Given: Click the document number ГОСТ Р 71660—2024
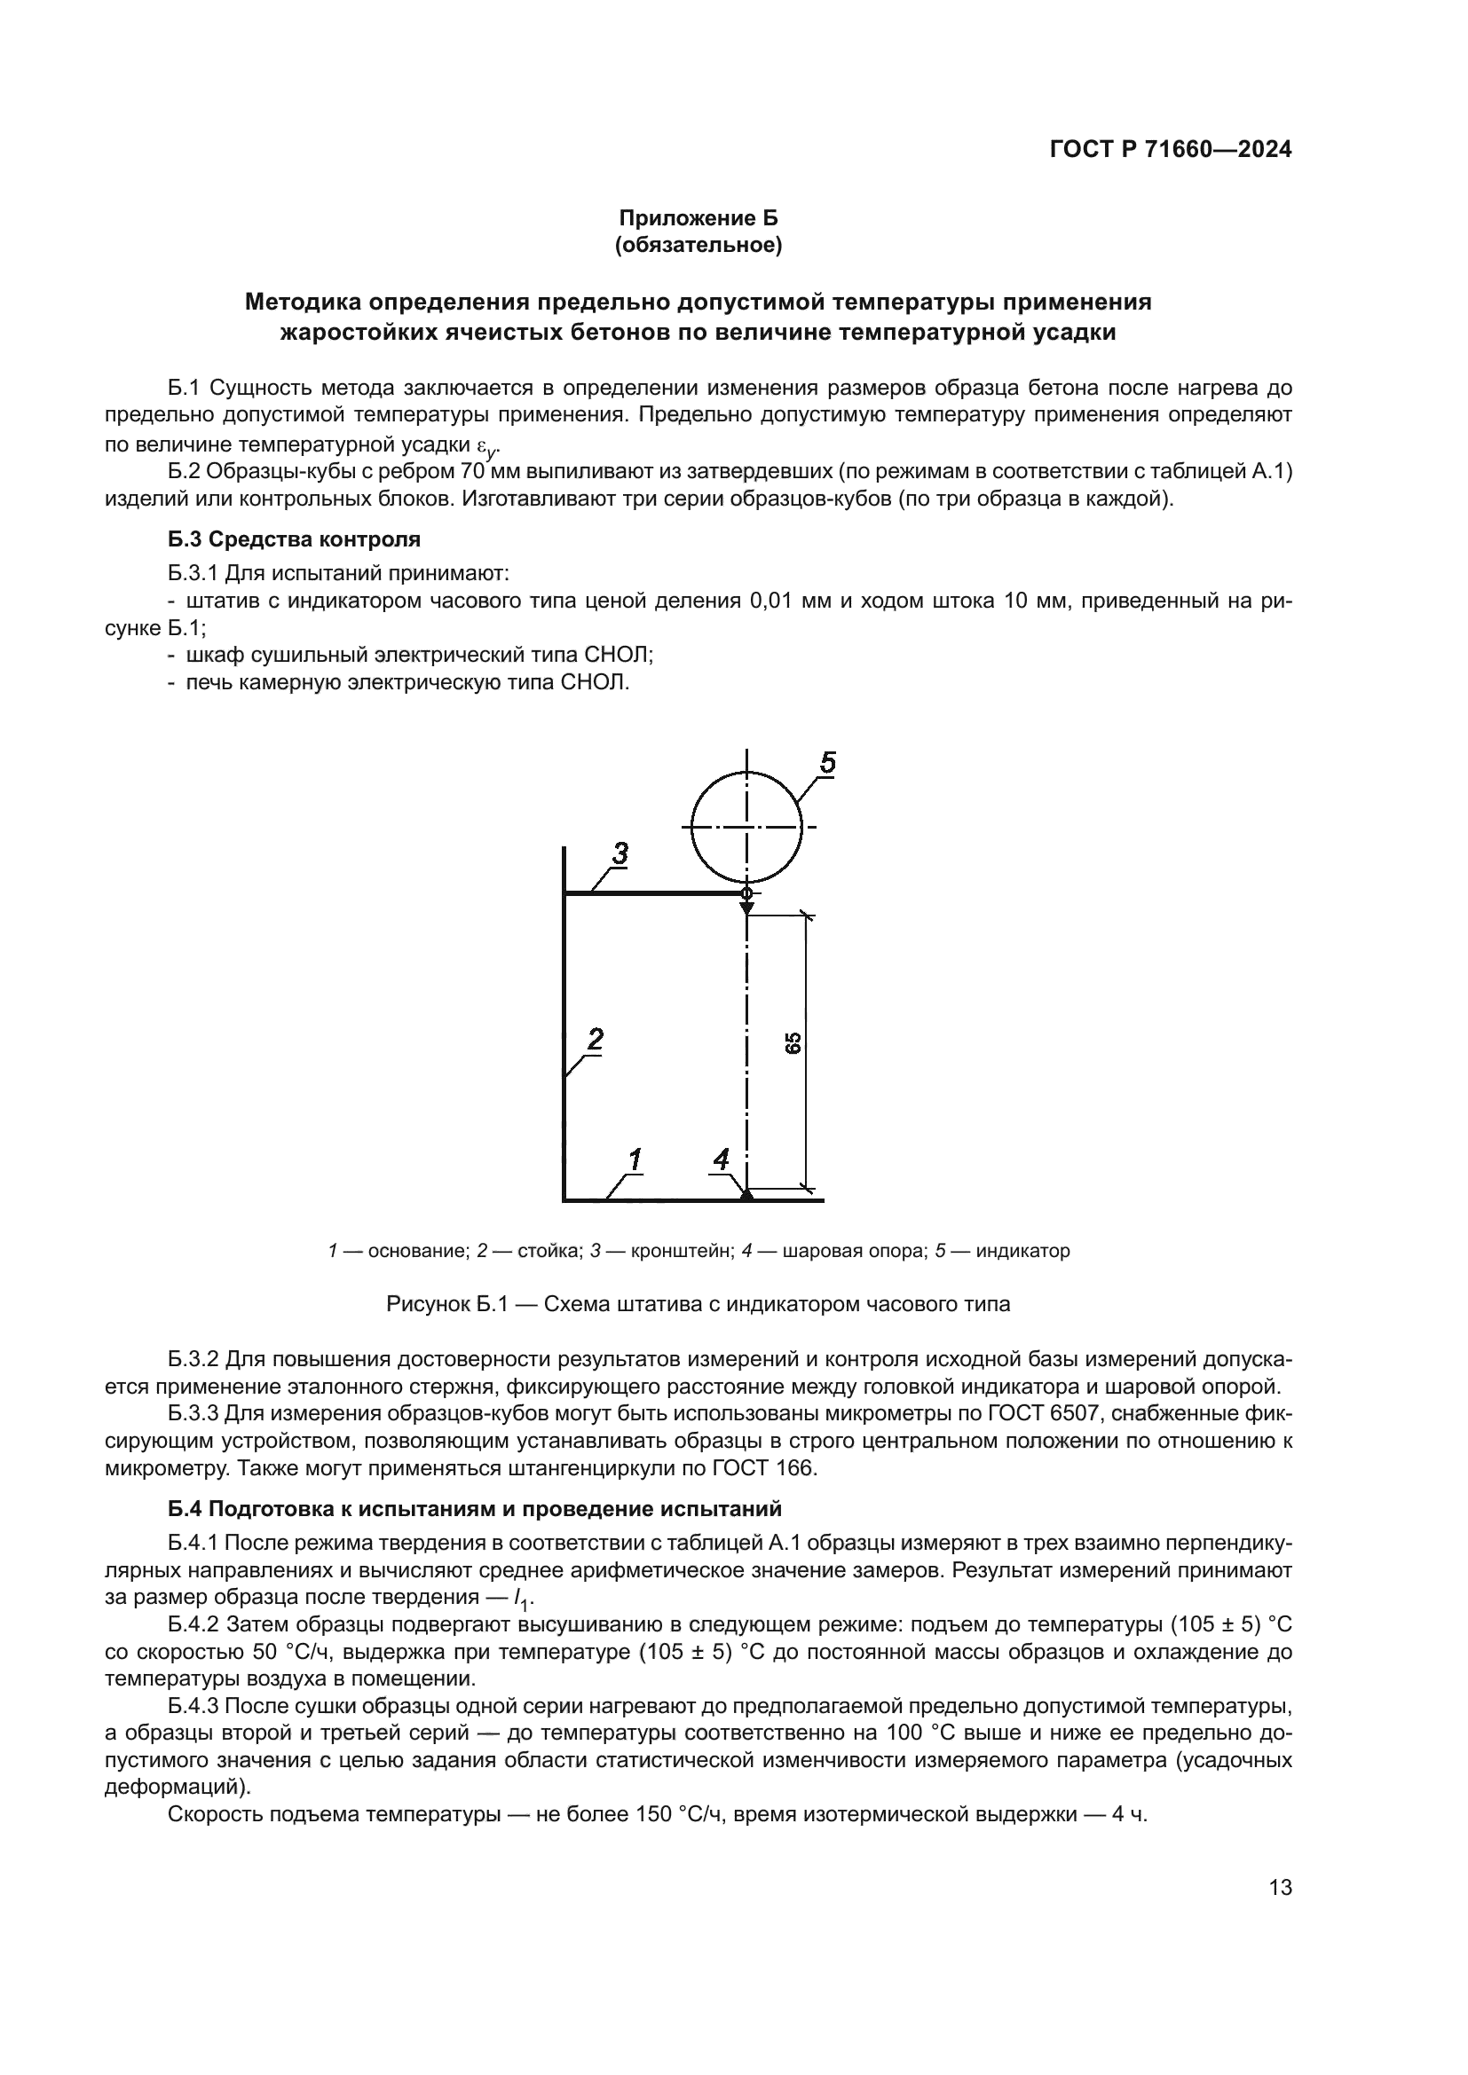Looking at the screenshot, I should [1170, 150].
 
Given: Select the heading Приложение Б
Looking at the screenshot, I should [698, 218].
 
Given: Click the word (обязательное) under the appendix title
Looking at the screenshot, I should [698, 245].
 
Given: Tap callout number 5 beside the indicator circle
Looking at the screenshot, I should [827, 763].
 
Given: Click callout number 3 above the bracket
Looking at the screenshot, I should [620, 853].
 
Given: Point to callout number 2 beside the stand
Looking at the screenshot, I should [595, 1040].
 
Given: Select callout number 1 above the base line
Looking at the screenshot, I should [635, 1159].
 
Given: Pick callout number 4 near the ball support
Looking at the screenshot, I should [721, 1159].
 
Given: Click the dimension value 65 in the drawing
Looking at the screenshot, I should [793, 1043].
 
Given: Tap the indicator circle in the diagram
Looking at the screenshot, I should [746, 827].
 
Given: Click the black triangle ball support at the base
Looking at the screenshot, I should [746, 1195].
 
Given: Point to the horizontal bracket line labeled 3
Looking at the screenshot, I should [651, 894].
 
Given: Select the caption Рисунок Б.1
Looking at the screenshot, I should [698, 1304].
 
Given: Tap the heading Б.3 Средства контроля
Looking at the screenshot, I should [295, 539].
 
